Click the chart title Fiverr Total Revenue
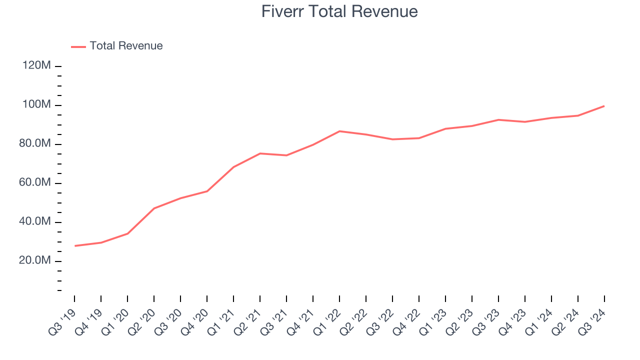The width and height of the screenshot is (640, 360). pyautogui.click(x=339, y=11)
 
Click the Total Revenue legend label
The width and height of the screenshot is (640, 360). pyautogui.click(x=126, y=46)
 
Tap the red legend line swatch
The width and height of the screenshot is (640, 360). pyautogui.click(x=78, y=46)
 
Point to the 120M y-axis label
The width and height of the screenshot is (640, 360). pyautogui.click(x=36, y=66)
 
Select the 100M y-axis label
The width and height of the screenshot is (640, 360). pyautogui.click(x=36, y=105)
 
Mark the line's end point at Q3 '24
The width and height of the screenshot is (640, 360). pyautogui.click(x=604, y=106)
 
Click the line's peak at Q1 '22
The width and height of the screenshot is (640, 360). pyautogui.click(x=339, y=131)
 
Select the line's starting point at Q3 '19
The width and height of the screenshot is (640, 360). pyautogui.click(x=74, y=246)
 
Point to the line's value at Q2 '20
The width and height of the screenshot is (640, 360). pyautogui.click(x=154, y=208)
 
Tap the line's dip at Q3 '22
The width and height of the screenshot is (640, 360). pyautogui.click(x=392, y=139)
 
